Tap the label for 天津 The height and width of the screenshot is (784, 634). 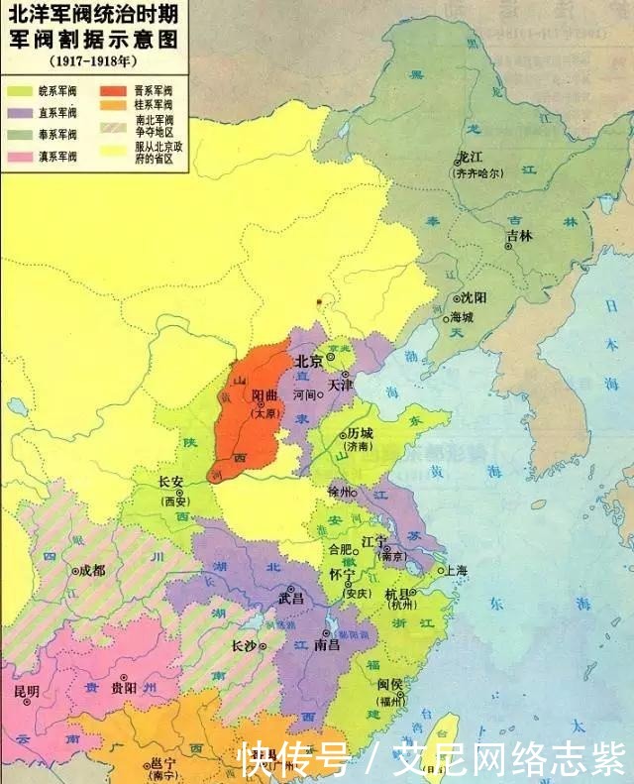[340, 383]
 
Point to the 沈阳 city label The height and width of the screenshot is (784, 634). [475, 297]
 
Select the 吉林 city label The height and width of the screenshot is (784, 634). [519, 236]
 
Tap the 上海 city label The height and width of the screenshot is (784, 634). [457, 570]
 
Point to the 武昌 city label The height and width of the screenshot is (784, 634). [291, 599]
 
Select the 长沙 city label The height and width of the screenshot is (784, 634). [244, 645]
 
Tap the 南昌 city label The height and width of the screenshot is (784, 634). [327, 645]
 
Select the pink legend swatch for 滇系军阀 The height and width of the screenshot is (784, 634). [20, 156]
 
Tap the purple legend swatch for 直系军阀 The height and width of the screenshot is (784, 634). [20, 111]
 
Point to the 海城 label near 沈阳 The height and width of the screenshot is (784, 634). [463, 318]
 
